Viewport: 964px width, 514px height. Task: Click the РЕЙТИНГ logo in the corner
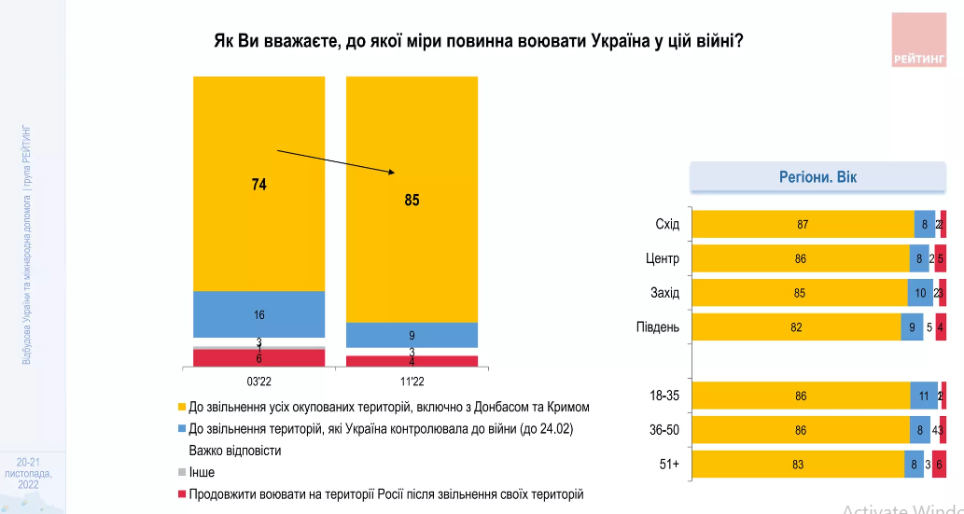pos(919,40)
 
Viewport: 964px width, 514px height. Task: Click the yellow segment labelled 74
pos(258,184)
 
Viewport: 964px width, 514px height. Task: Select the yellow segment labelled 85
pos(412,200)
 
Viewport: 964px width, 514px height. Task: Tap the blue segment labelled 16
pos(258,314)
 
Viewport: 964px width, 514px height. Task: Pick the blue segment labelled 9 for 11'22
pos(412,335)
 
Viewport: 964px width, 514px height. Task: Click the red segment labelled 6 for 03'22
pos(258,358)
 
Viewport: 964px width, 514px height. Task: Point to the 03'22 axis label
pos(258,382)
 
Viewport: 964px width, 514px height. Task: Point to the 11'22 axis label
pos(412,382)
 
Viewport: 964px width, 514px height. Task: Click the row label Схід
pos(668,225)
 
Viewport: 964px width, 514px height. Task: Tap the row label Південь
pos(660,326)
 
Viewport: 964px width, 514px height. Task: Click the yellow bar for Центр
pos(800,258)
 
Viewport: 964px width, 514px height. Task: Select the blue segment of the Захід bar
pos(920,293)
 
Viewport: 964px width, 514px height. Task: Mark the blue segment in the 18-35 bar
pos(924,396)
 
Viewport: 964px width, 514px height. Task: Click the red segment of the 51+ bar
pos(939,463)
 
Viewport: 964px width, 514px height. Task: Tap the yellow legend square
pos(182,408)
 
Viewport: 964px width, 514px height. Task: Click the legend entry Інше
pos(202,472)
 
